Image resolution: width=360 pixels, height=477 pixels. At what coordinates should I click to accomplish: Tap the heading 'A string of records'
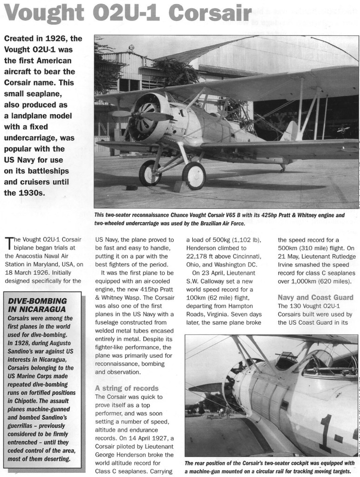coord(127,388)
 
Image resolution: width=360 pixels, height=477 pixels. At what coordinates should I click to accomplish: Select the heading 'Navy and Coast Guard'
coord(315,297)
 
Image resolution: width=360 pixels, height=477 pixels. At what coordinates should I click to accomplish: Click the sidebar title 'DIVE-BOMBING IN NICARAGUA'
coord(38,305)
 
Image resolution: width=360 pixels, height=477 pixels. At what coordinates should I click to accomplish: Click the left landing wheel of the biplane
coord(150,173)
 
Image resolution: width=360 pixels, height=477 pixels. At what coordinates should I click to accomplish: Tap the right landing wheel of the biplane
coord(194,176)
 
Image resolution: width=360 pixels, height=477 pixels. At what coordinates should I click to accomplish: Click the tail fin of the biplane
coord(291,131)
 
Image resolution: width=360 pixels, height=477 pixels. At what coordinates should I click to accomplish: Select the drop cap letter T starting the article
coord(9,243)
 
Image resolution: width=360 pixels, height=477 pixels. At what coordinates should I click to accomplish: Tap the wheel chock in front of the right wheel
coord(178,186)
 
